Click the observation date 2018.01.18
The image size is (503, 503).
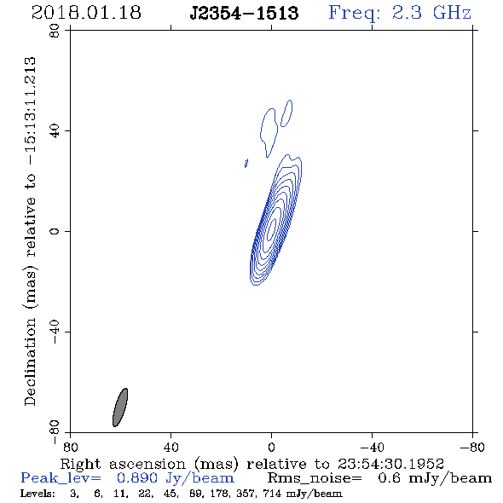[x=86, y=13]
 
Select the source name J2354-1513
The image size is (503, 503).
[x=244, y=13]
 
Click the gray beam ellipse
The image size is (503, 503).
[x=120, y=408]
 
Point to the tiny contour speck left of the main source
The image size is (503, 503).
[x=246, y=164]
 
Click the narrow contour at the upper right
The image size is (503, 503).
[x=286, y=113]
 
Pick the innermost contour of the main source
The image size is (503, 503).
[x=272, y=228]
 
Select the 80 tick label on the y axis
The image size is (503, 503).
[x=55, y=31]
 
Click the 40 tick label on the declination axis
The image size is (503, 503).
[x=55, y=131]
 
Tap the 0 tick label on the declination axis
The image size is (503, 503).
[x=55, y=231]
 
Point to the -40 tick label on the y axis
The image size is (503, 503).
[x=55, y=332]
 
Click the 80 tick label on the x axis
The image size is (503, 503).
[x=70, y=447]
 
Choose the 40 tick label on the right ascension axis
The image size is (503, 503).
[x=171, y=447]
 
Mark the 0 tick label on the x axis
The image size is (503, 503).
[x=271, y=447]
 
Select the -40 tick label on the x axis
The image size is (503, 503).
[x=372, y=447]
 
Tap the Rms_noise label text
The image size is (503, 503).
[x=315, y=478]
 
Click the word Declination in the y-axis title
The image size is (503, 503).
[x=30, y=361]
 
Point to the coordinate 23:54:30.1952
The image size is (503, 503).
[x=390, y=464]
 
